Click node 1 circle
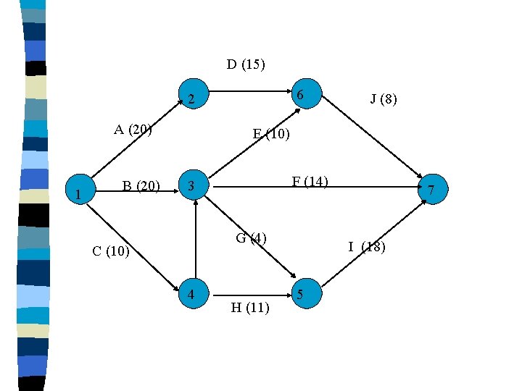(x=78, y=193)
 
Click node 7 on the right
(x=431, y=190)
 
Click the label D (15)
(x=246, y=64)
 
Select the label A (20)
(x=133, y=130)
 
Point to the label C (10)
(x=111, y=251)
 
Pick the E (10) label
(x=271, y=133)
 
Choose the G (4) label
(x=252, y=237)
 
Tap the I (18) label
(x=367, y=247)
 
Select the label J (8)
(x=384, y=99)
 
